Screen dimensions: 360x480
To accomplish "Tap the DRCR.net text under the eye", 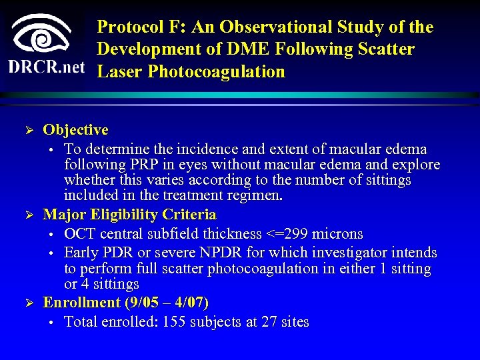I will (x=47, y=68).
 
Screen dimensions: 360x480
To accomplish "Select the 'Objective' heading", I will (x=75, y=129).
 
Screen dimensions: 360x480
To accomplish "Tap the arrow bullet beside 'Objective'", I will (x=28, y=130).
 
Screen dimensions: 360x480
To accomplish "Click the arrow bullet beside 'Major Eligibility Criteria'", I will (x=28, y=215).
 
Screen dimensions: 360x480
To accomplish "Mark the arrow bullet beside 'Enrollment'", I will (x=28, y=303).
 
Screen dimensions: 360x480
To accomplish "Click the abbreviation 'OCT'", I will (x=81, y=234).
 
